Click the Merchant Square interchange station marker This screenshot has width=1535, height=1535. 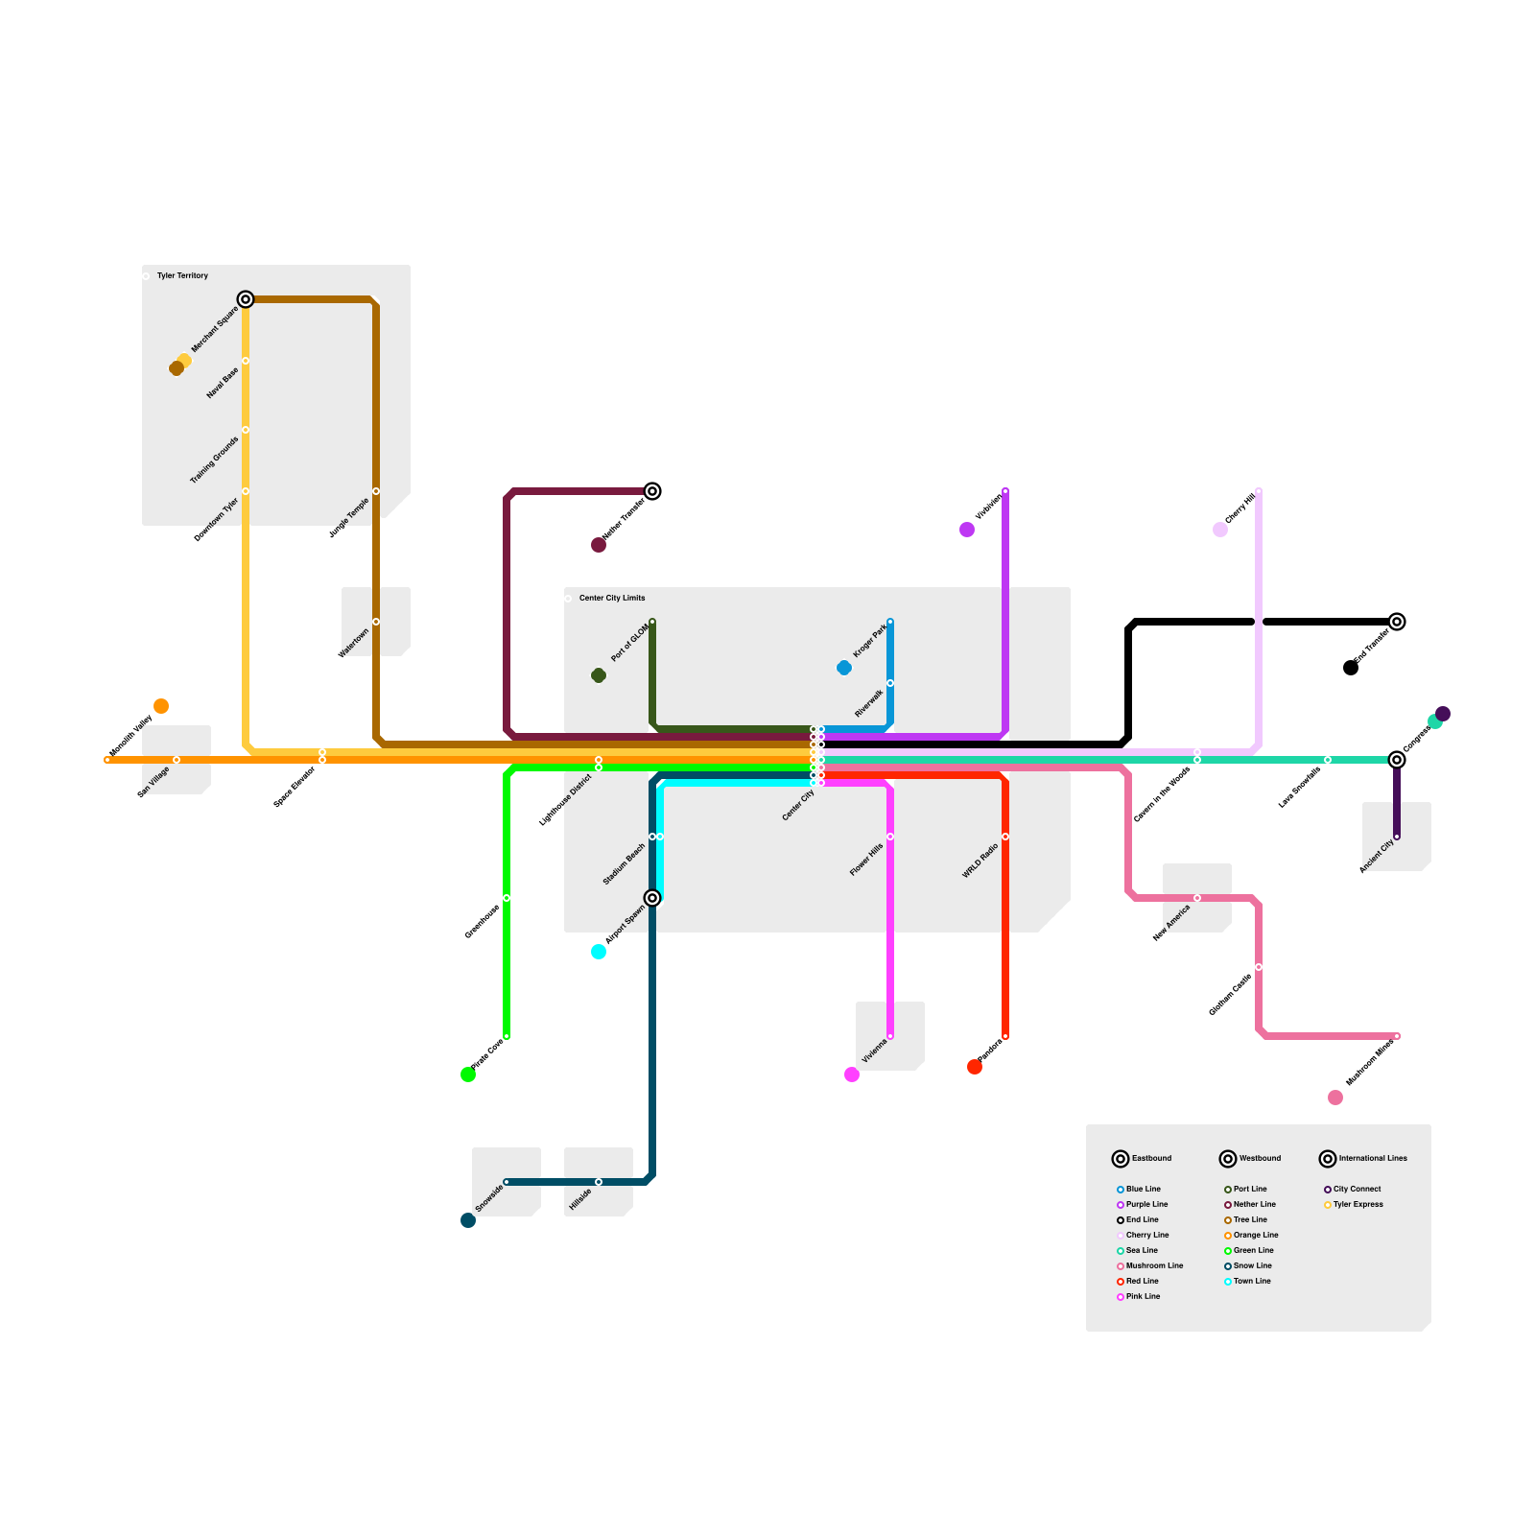point(246,299)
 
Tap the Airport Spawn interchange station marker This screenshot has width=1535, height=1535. point(652,898)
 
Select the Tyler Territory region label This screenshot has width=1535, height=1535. point(182,275)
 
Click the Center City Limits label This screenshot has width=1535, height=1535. point(612,598)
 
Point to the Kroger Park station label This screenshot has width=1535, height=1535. point(870,640)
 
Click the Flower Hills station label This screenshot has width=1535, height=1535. point(866,860)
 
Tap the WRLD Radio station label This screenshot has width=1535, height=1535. point(980,861)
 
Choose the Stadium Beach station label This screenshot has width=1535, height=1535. point(625,864)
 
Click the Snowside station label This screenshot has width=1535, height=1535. point(489,1199)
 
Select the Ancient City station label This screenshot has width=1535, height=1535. point(1377,856)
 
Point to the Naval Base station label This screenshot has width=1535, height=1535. point(223,383)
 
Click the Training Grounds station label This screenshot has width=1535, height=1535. point(214,460)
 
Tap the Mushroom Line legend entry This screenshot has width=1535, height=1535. point(1154,1265)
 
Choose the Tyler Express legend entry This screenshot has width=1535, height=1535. point(1358,1204)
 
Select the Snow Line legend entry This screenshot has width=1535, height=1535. point(1252,1265)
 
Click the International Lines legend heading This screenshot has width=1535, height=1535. point(1372,1158)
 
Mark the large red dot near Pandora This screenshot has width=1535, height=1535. point(975,1067)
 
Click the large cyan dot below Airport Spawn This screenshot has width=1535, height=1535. point(599,952)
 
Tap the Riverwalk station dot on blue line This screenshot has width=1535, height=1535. point(890,683)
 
